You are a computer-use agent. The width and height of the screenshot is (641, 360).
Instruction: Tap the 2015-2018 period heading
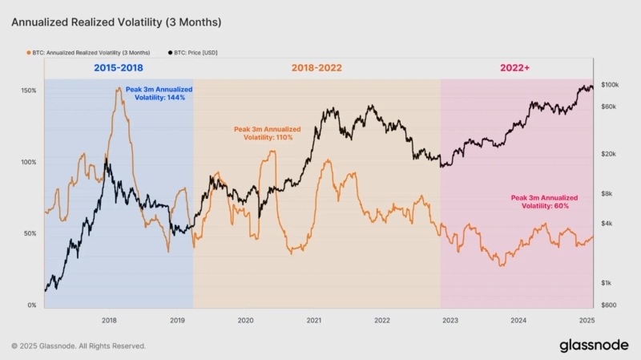click(x=118, y=68)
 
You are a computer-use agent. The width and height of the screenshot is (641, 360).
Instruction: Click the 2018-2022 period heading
click(x=316, y=68)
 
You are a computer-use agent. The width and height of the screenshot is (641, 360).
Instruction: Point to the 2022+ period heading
click(x=516, y=68)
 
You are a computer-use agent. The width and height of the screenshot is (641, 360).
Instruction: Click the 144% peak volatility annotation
click(x=155, y=93)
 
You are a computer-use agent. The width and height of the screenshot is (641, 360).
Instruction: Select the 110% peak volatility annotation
click(x=267, y=133)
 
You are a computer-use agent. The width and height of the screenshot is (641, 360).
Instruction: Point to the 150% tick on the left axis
click(x=28, y=91)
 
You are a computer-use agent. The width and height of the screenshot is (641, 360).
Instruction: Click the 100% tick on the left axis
click(x=28, y=162)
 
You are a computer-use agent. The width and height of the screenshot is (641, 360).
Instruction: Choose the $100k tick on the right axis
click(x=609, y=85)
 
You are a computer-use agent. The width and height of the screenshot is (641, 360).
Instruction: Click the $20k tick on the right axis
click(x=608, y=154)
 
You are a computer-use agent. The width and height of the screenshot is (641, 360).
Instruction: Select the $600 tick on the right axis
click(x=608, y=305)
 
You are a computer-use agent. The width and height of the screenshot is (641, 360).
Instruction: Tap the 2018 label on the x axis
click(x=110, y=320)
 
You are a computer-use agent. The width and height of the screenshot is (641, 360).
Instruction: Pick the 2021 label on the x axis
click(x=314, y=320)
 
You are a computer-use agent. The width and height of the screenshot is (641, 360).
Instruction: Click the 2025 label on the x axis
click(x=587, y=320)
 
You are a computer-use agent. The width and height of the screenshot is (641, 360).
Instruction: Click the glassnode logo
click(x=593, y=345)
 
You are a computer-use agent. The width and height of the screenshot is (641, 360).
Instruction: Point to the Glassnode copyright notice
click(x=79, y=346)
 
